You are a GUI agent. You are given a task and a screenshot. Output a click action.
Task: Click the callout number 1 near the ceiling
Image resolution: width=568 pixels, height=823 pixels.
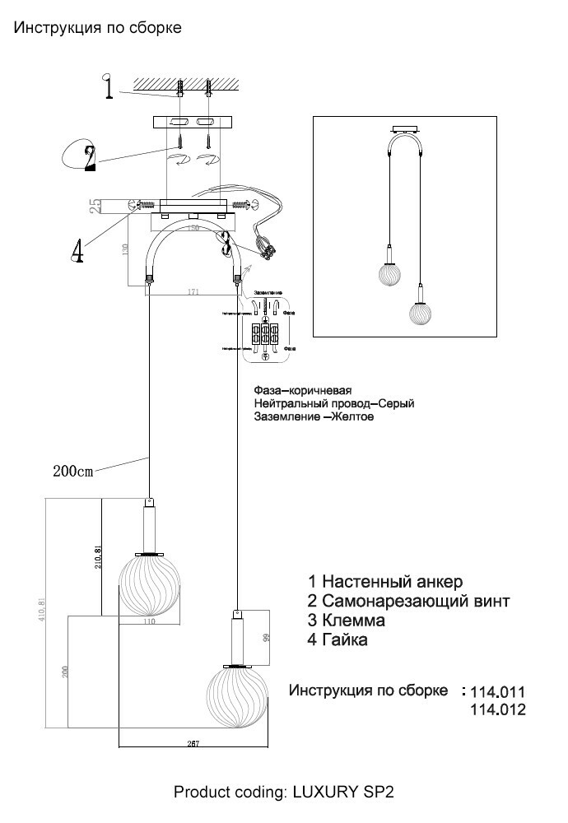tap(108, 87)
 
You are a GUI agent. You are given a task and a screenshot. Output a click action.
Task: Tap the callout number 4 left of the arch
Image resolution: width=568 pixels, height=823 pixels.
tap(77, 250)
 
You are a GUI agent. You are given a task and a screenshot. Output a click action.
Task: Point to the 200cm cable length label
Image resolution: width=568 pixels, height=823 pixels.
tap(73, 472)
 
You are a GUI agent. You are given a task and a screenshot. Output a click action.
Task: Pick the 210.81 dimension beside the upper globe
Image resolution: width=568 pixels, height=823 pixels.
tap(98, 560)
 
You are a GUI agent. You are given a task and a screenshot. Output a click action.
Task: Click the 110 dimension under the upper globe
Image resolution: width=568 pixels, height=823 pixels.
tap(149, 623)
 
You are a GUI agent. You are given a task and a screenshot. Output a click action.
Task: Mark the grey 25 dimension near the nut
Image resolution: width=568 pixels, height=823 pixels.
tap(95, 206)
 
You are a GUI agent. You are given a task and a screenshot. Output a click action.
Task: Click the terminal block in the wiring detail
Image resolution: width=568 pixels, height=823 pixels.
tap(265, 334)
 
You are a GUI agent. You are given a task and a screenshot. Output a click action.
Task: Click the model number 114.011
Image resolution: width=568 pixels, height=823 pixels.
tap(496, 691)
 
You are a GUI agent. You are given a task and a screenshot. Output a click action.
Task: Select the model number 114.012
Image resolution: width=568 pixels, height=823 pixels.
tap(496, 709)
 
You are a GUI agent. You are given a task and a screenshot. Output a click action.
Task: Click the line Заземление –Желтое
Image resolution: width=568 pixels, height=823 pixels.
tap(314, 417)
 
